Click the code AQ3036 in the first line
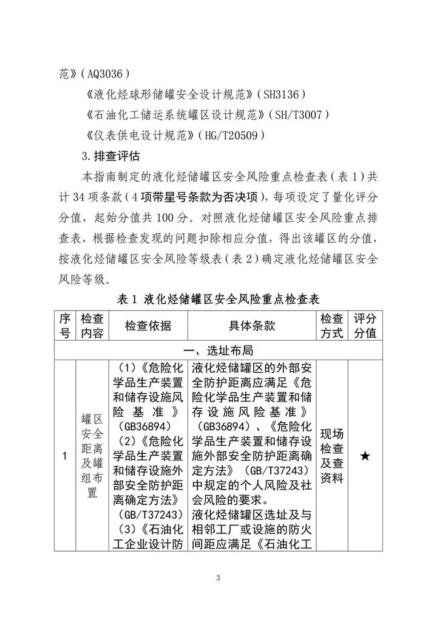[103, 74]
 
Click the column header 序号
[64, 326]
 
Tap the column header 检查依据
[148, 326]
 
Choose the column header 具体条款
[251, 326]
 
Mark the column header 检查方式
[331, 326]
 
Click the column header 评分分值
[365, 326]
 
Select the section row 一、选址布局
[218, 351]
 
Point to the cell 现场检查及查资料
[331, 456]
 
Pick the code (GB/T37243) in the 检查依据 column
[148, 515]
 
